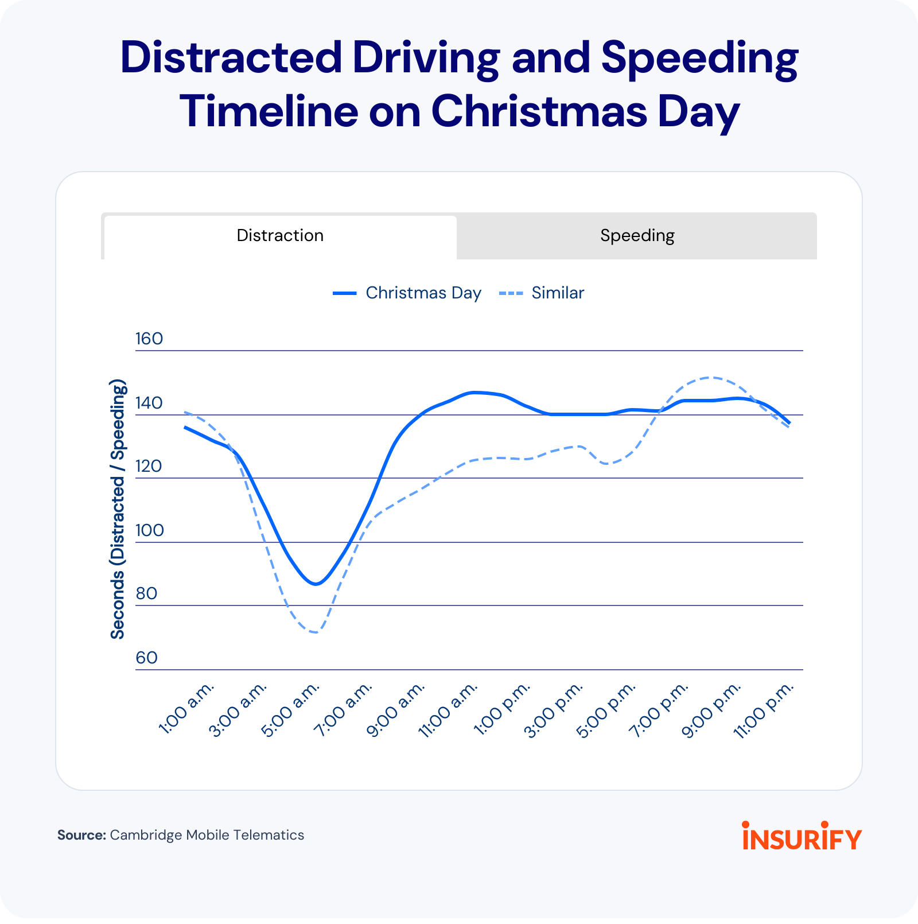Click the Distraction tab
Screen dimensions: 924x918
280,236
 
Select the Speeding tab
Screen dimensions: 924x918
637,236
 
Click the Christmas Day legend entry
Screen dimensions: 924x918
407,293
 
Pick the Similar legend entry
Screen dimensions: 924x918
542,293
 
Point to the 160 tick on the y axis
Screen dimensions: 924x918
149,339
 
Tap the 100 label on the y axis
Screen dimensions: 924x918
149,530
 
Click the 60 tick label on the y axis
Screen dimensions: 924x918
146,658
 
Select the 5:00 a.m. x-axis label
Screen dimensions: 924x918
290,709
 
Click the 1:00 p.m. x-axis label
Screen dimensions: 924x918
501,709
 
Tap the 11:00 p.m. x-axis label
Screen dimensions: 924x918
764,711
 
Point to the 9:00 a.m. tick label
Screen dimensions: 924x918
396,709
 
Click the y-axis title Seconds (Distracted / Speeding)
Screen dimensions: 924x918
118,509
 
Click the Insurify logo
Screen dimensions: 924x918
802,836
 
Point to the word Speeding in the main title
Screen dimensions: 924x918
699,59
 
